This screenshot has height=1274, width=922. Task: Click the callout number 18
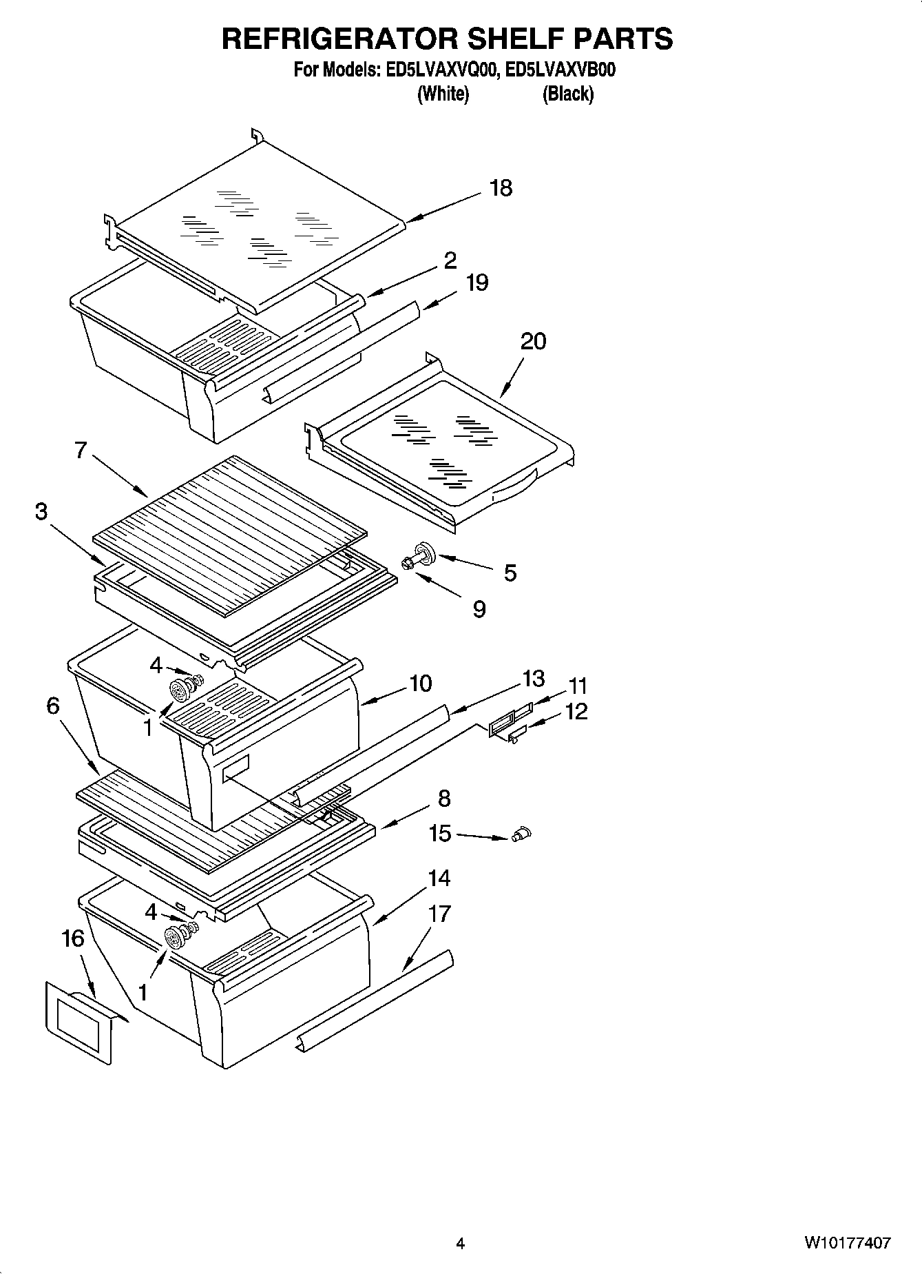(501, 188)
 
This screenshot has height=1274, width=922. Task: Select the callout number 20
(533, 341)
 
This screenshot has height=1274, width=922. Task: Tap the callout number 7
(81, 451)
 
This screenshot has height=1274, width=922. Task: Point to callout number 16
(73, 938)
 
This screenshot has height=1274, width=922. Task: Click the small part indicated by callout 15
(522, 834)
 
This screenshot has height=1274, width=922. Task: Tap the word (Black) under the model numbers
(567, 94)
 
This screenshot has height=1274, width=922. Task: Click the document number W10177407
(847, 1243)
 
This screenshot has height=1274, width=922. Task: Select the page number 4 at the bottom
(460, 1244)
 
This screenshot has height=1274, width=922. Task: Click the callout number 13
(533, 679)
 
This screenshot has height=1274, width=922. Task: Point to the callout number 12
(576, 711)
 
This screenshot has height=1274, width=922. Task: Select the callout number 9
(479, 609)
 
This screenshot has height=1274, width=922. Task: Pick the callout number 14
(439, 878)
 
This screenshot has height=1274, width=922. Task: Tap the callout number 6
(53, 706)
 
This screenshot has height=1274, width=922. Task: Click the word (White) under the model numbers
(443, 94)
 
